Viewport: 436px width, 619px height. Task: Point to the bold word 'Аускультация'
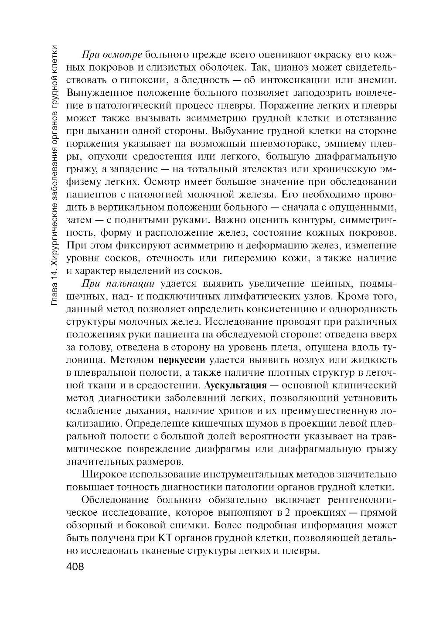click(235, 386)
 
